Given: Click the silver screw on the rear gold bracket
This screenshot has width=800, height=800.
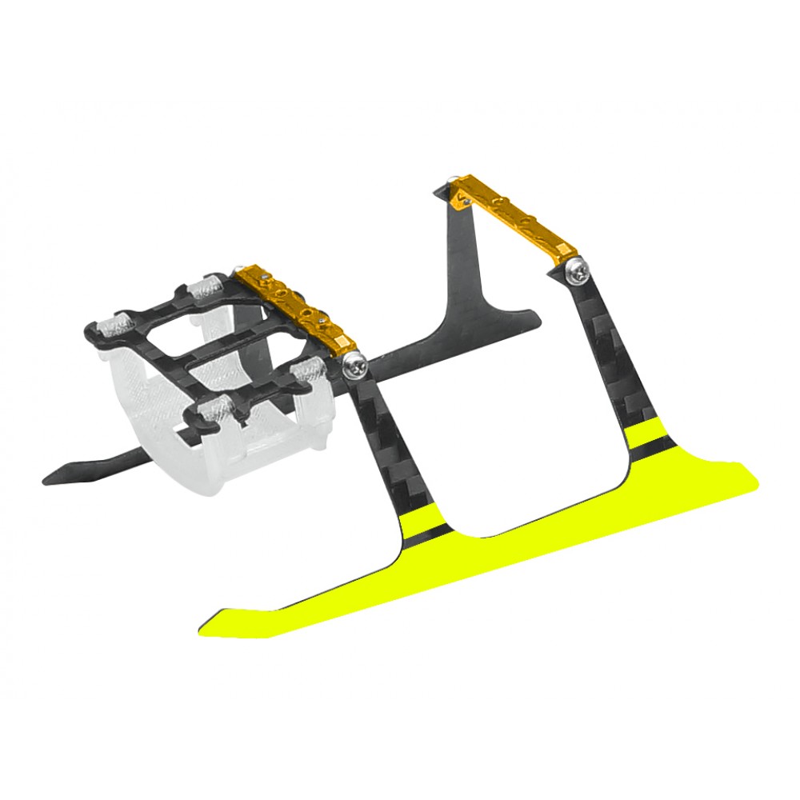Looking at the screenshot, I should (578, 272).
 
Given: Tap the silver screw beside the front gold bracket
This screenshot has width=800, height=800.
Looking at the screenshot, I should (354, 366).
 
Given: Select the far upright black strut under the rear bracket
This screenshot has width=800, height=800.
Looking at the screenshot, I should (472, 256).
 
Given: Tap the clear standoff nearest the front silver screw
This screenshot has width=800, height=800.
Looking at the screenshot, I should (308, 372).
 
